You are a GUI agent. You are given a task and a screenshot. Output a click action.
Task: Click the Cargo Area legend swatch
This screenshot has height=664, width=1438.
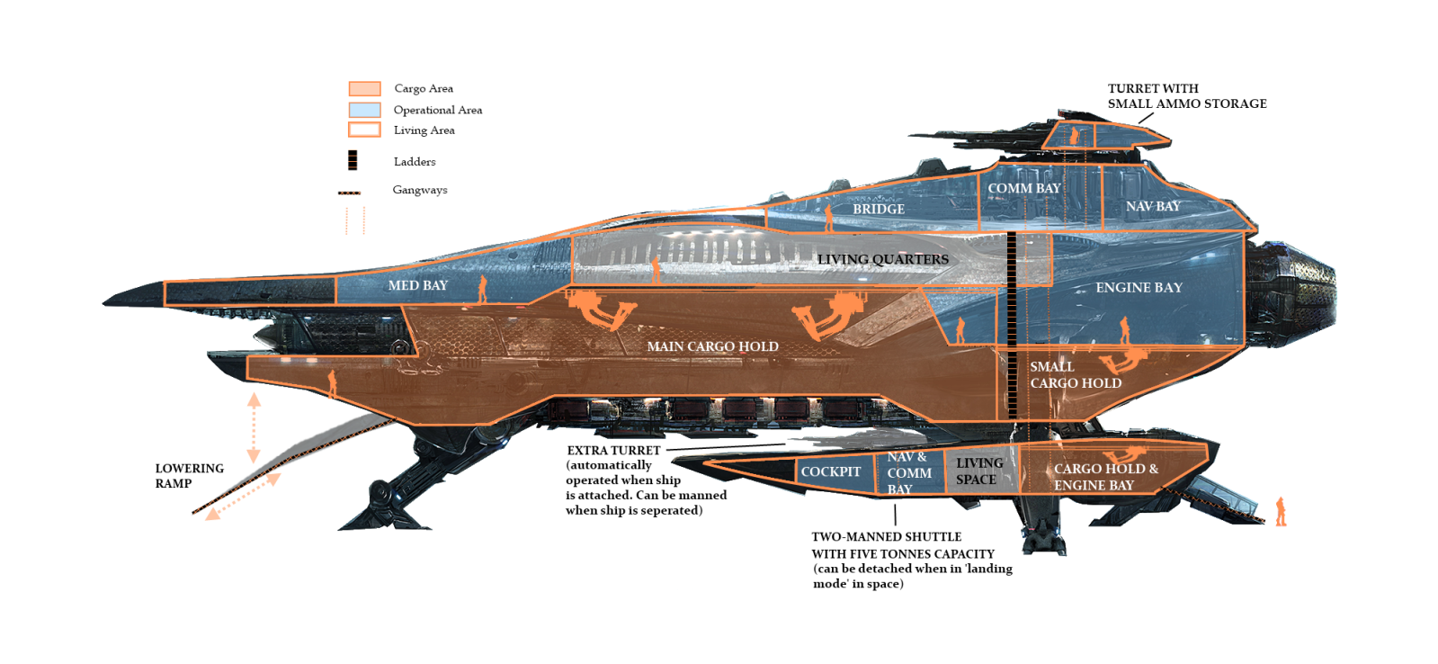[364, 88]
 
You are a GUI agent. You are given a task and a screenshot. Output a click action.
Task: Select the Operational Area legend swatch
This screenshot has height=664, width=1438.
[364, 110]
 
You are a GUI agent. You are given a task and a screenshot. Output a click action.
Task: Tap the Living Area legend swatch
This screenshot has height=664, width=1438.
[364, 130]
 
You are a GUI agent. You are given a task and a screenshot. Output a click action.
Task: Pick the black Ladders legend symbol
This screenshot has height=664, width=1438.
[353, 160]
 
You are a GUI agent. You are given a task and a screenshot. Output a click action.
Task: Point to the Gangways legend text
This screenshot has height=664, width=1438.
[419, 190]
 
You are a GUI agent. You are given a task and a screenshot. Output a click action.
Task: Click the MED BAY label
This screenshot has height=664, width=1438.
[417, 285]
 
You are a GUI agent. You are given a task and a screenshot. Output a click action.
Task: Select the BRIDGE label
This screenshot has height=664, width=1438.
[879, 209]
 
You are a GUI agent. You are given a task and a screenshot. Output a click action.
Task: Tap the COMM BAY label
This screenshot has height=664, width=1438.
[1023, 188]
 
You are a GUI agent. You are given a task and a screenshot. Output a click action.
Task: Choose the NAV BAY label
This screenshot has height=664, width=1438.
[1153, 206]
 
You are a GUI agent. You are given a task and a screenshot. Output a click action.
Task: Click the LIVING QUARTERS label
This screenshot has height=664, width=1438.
[882, 259]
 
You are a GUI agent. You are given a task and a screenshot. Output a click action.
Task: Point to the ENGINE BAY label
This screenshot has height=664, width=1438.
[1139, 287]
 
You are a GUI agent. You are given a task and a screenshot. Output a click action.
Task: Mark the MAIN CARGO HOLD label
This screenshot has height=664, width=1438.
[712, 346]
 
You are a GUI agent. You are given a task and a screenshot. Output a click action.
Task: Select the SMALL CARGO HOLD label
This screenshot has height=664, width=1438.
[1075, 375]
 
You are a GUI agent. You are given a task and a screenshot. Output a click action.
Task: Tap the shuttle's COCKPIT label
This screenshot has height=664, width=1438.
[830, 471]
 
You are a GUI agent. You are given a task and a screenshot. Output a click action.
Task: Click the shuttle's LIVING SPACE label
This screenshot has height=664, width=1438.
[978, 471]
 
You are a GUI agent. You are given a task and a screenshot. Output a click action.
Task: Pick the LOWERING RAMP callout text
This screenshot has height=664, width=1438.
[189, 476]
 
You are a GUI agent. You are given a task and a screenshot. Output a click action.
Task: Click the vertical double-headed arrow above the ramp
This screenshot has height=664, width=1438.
[254, 427]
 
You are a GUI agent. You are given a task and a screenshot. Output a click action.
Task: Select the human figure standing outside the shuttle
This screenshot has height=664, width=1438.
[1281, 511]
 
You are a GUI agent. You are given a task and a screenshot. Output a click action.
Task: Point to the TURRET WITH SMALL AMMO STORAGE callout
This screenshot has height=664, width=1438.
[1186, 96]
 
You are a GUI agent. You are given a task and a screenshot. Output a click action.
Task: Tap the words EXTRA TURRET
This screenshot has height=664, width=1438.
[613, 450]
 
